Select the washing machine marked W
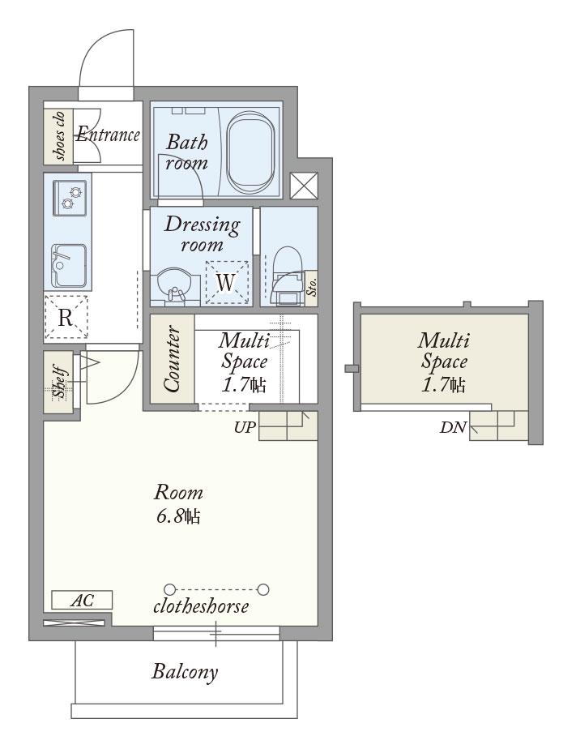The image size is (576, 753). (x=227, y=282)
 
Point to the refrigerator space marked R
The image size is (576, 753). (x=66, y=317)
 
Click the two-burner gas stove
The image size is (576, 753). (x=70, y=198)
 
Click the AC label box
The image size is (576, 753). (x=82, y=600)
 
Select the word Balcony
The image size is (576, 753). (x=185, y=671)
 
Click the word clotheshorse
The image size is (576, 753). (x=201, y=606)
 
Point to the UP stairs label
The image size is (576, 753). (x=245, y=427)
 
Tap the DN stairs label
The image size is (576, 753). (x=453, y=427)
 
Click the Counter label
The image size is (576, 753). (x=173, y=358)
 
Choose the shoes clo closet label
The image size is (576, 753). (x=59, y=135)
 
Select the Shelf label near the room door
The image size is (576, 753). (x=59, y=383)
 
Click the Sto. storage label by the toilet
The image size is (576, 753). (x=312, y=288)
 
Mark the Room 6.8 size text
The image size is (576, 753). (x=178, y=504)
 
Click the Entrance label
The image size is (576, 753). (x=108, y=135)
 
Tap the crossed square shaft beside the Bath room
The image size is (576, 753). (x=305, y=186)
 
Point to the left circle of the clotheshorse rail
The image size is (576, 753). (x=169, y=589)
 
